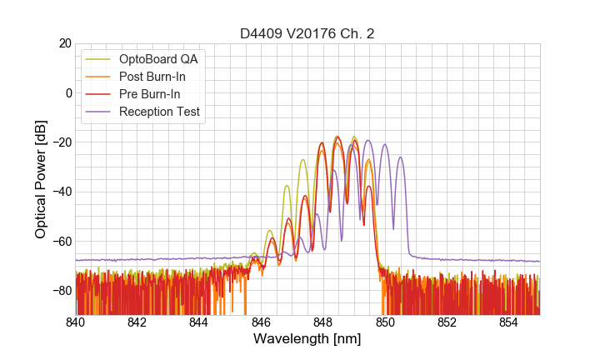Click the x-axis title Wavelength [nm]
[x=307, y=341]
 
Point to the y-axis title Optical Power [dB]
[x=41, y=178]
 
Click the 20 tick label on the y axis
[x=63, y=43]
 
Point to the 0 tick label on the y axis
[x=67, y=92]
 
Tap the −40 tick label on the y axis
[x=60, y=192]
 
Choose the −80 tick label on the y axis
[x=60, y=290]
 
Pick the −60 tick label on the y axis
[x=60, y=241]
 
